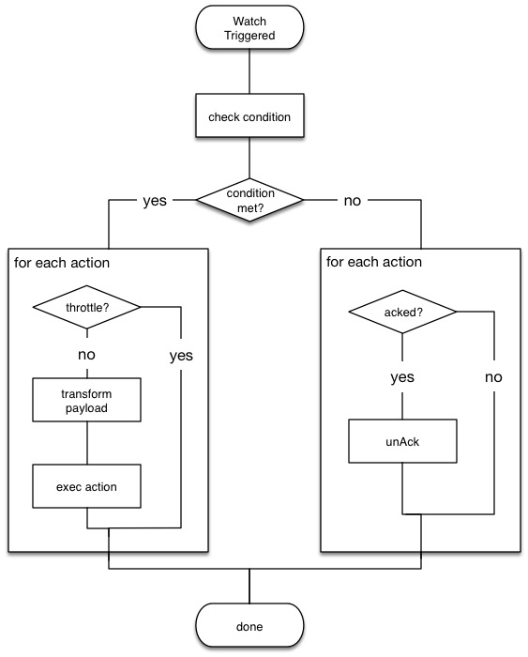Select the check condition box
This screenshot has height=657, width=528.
pyautogui.click(x=249, y=116)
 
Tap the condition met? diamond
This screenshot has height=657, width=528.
pyautogui.click(x=249, y=199)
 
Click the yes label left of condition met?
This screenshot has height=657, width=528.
pyautogui.click(x=156, y=200)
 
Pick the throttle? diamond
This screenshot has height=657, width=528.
pyautogui.click(x=87, y=306)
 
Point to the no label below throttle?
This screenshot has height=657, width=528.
pyautogui.click(x=87, y=356)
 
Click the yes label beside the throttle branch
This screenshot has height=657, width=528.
pyautogui.click(x=180, y=356)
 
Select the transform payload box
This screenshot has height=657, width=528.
pyautogui.click(x=87, y=400)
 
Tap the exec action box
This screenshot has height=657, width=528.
pyautogui.click(x=87, y=486)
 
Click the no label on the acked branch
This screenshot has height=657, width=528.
pyautogui.click(x=492, y=377)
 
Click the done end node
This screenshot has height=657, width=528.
pyautogui.click(x=249, y=626)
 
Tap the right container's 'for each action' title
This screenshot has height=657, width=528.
pyautogui.click(x=374, y=262)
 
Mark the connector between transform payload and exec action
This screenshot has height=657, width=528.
pyautogui.click(x=87, y=442)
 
